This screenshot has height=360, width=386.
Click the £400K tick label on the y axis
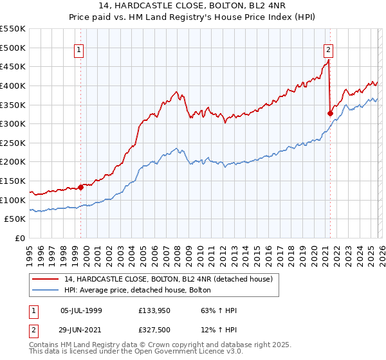(13, 85)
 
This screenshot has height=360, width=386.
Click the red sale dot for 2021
(330, 113)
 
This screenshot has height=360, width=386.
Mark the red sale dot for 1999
(81, 187)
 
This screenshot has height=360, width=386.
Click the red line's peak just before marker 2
(328, 60)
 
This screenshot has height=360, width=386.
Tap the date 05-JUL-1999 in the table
(80, 310)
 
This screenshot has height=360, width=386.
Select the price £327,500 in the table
(154, 328)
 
